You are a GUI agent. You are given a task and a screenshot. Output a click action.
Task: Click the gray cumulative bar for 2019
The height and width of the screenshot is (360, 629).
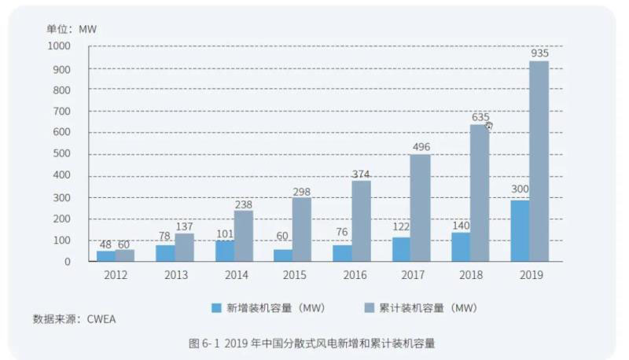(539, 161)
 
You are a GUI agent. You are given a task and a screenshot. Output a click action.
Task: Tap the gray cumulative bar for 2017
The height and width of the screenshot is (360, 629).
(420, 208)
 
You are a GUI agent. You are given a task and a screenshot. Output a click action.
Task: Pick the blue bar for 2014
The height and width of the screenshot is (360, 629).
(224, 251)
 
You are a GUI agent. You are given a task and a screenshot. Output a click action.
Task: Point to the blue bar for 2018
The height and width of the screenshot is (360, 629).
(460, 247)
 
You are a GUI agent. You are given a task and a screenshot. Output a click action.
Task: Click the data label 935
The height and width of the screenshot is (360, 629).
(539, 53)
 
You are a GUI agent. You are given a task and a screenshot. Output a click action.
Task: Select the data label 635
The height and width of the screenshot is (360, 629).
(480, 117)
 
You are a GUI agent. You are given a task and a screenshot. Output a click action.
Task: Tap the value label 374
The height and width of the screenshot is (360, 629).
(361, 174)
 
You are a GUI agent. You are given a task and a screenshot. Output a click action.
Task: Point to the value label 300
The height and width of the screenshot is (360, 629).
(519, 189)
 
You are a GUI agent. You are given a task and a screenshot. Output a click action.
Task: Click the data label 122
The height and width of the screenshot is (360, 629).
(401, 227)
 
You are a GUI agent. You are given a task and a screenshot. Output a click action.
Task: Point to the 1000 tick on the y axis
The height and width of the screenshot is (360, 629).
(59, 46)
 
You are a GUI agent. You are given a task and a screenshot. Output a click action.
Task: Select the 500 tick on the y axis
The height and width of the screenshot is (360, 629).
(61, 154)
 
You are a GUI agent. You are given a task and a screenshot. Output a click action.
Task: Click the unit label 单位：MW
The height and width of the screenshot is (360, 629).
(71, 29)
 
